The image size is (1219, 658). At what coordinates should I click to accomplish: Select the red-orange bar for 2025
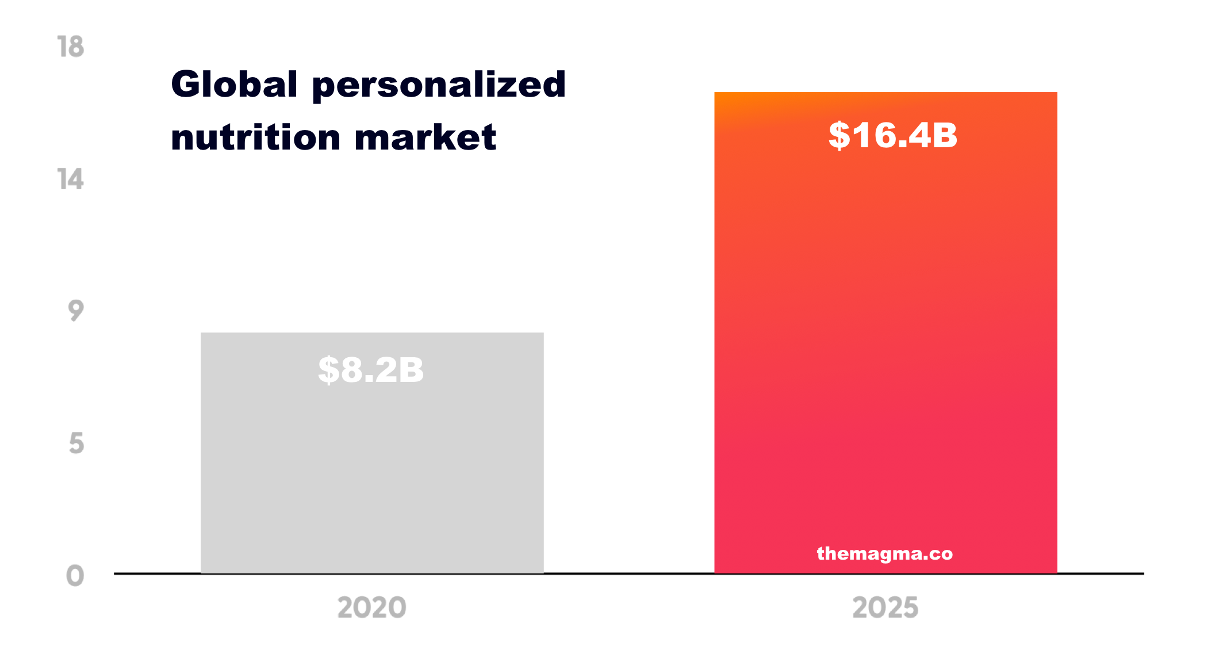[885, 345]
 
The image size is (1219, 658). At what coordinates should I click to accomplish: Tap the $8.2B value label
[371, 369]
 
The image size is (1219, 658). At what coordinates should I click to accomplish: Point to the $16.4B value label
[892, 136]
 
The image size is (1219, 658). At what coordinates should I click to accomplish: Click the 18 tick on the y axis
[71, 47]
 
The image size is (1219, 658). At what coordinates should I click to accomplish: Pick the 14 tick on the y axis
[71, 179]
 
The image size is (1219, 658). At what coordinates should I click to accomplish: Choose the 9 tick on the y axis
[76, 311]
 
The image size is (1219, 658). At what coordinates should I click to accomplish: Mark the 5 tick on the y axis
[76, 444]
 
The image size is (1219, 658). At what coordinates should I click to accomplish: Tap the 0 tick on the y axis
[75, 576]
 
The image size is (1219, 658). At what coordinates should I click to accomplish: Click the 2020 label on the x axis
[371, 608]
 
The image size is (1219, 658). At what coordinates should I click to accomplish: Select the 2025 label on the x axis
[885, 608]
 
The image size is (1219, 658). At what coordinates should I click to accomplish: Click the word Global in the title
[235, 85]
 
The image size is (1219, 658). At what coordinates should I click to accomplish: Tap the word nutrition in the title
[256, 138]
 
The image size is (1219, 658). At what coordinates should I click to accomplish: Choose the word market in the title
[425, 138]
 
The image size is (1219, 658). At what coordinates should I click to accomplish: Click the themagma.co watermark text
[885, 553]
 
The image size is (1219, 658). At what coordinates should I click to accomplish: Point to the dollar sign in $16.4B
[839, 136]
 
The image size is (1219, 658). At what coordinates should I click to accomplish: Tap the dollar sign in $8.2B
[328, 370]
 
